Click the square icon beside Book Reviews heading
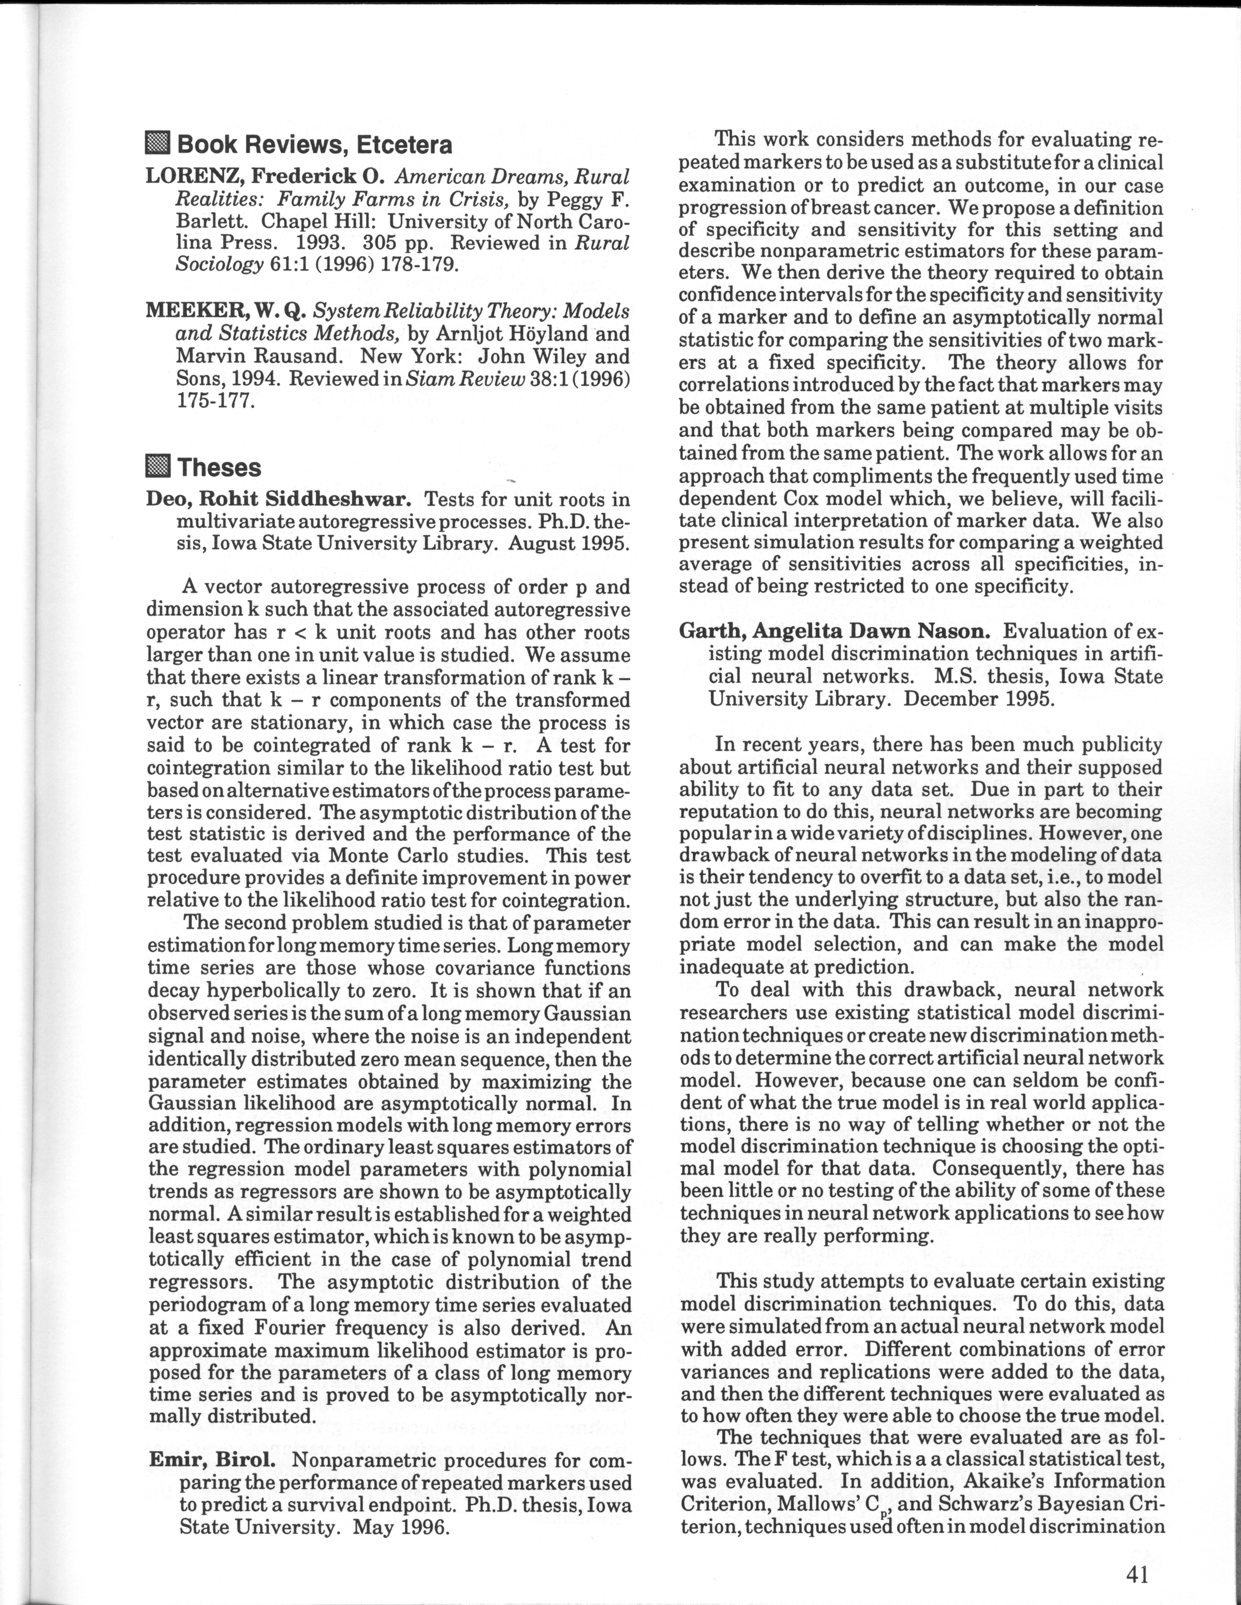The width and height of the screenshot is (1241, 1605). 158,144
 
